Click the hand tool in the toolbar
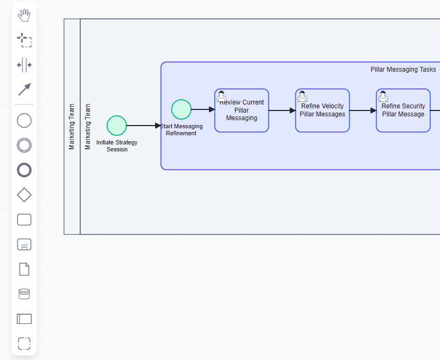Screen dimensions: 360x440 coord(24,16)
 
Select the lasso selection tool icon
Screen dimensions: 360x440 coord(24,40)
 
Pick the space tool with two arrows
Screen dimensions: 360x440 coord(24,65)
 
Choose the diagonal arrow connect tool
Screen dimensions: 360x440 coord(24,89)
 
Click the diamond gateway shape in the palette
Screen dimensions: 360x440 coord(24,195)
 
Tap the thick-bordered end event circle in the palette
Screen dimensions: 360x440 coord(24,170)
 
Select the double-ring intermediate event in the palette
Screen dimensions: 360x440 coord(24,145)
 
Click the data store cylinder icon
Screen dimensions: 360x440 coord(24,294)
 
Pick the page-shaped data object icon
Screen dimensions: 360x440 coord(24,269)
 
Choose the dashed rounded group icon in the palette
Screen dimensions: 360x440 coord(24,343)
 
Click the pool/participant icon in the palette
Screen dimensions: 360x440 coord(24,319)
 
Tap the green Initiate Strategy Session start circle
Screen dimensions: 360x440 coord(117,126)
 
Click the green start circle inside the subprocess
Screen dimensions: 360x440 coord(181,109)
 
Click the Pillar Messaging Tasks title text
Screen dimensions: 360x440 coord(403,70)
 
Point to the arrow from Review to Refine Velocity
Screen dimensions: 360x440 coord(282,110)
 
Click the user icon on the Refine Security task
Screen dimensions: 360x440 coord(383,96)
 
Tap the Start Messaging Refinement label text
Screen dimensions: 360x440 coord(181,130)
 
